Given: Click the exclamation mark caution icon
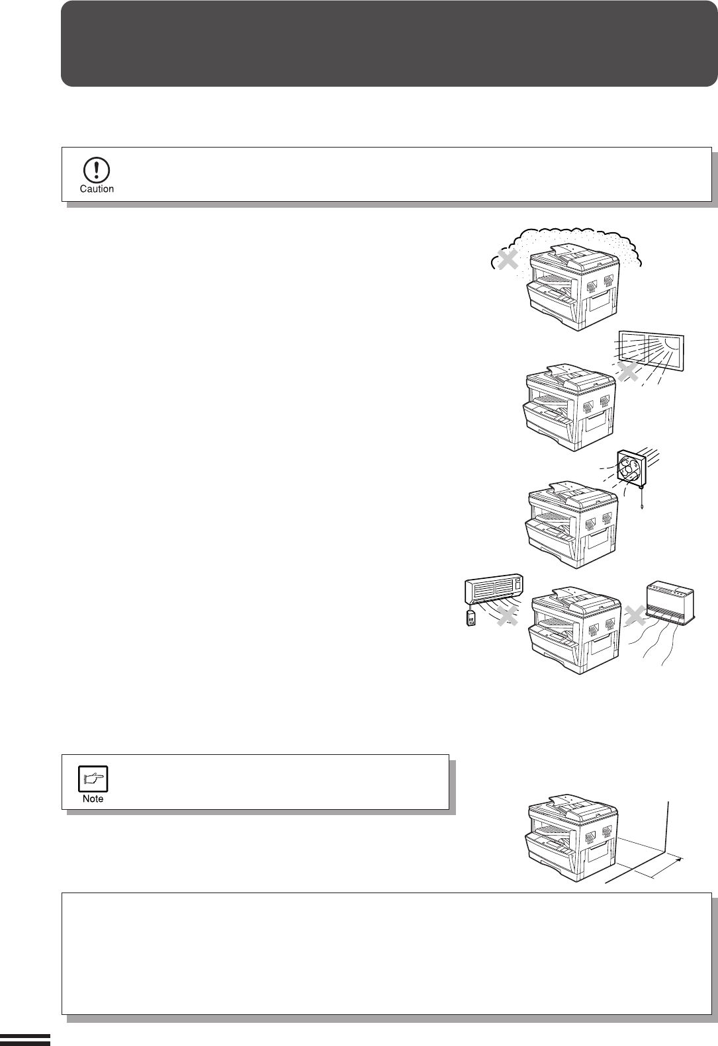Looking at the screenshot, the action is [97, 170].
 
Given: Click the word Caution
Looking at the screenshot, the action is [97, 189].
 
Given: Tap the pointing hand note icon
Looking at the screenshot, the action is [93, 779].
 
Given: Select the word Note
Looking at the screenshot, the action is [93, 799].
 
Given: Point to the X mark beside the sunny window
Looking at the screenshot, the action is [627, 372].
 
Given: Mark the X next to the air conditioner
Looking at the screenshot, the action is [507, 617].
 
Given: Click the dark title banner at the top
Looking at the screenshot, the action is [389, 44].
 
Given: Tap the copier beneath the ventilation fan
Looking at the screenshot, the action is [572, 523].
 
